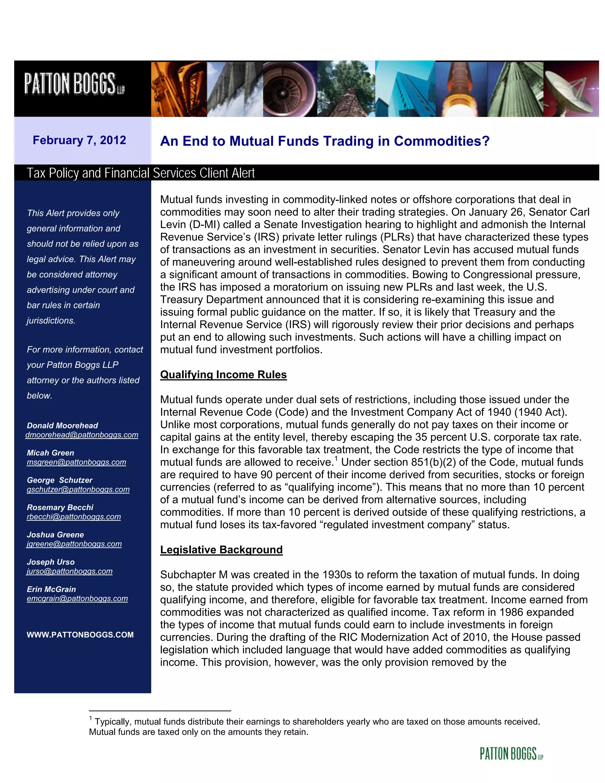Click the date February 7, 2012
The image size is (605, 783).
click(x=79, y=140)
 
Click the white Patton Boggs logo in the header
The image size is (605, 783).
click(x=74, y=84)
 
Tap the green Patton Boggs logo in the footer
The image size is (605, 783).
click(x=511, y=754)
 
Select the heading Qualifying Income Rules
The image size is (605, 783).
click(x=223, y=375)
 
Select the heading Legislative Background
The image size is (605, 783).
click(x=221, y=550)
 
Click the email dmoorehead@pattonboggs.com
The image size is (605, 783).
click(x=82, y=435)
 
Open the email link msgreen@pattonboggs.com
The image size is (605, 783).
click(x=76, y=462)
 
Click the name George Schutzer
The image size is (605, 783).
click(x=59, y=480)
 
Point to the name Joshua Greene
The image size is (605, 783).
click(x=55, y=535)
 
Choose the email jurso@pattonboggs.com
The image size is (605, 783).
click(x=69, y=571)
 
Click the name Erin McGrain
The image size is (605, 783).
click(x=51, y=589)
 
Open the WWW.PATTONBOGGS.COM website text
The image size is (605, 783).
click(x=80, y=635)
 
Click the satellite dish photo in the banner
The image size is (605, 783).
click(x=571, y=89)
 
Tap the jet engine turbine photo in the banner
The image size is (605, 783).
click(x=290, y=89)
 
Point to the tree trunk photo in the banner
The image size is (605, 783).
click(x=346, y=89)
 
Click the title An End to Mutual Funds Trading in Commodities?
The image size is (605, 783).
click(x=325, y=141)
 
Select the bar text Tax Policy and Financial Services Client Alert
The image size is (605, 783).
click(x=141, y=173)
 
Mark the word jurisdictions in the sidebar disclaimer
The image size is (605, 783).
click(x=51, y=321)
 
